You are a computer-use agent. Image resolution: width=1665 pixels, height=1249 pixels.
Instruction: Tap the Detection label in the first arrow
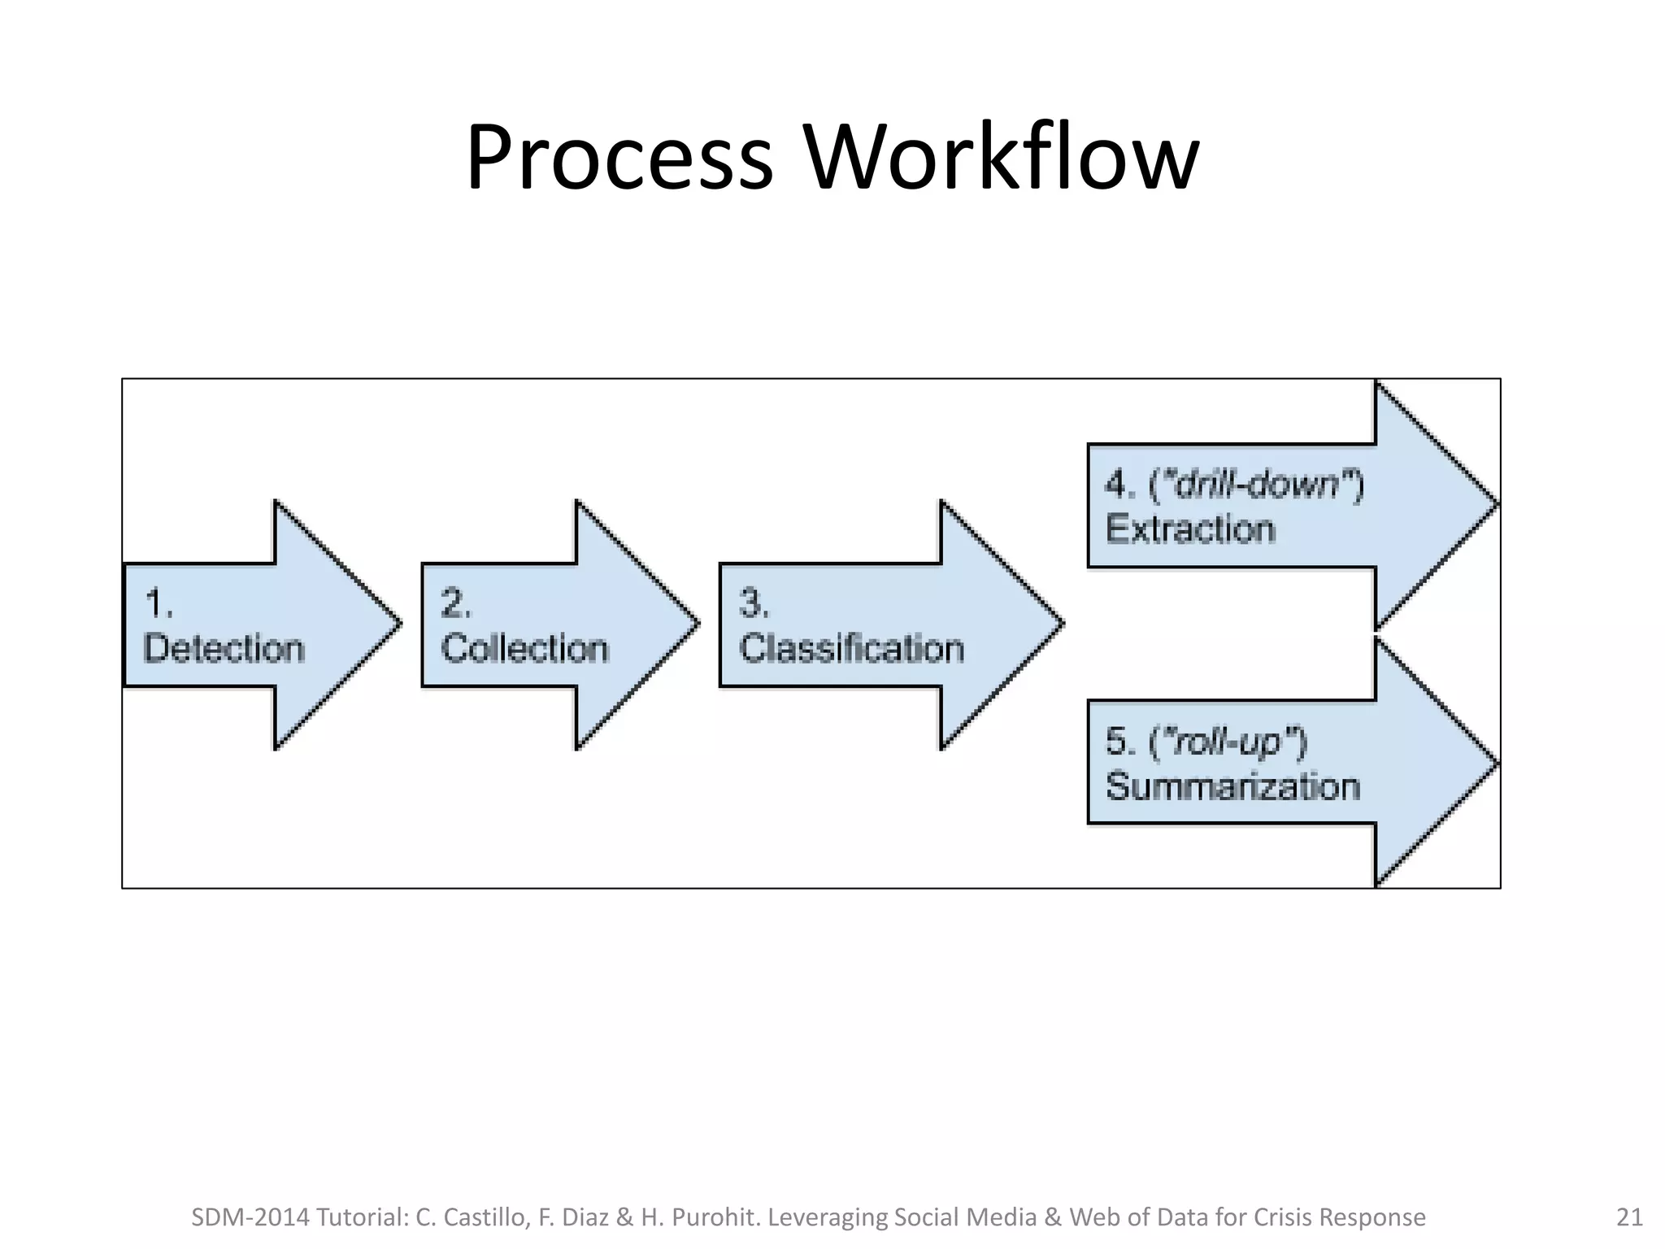[224, 649]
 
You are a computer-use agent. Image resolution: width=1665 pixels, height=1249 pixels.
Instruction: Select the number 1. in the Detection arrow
[158, 604]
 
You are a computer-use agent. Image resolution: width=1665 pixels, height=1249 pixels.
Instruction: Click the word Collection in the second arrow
[525, 649]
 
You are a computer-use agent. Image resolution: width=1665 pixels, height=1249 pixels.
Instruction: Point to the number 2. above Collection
[455, 604]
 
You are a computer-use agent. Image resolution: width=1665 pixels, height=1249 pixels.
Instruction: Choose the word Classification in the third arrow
[851, 649]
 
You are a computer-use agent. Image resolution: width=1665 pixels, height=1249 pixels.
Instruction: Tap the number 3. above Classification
[754, 604]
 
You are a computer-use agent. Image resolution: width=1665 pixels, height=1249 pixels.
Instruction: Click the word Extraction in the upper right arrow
[1190, 529]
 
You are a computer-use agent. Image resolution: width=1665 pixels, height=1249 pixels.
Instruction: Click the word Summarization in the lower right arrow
[1232, 787]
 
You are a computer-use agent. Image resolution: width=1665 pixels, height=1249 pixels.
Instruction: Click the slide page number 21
[1628, 1217]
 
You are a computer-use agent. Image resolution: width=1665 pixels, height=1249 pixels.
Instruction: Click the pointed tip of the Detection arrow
[399, 624]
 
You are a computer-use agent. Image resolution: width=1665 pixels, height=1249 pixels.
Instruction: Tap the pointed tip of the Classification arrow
[1061, 624]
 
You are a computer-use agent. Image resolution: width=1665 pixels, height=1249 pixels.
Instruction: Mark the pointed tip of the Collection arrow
[698, 624]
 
